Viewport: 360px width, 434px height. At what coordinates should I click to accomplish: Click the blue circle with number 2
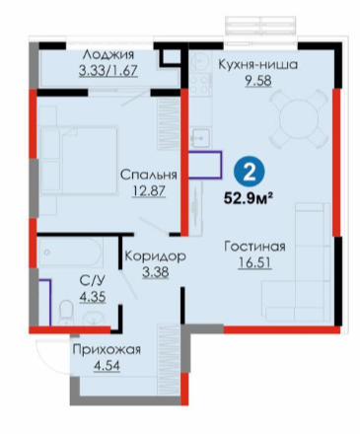(250, 172)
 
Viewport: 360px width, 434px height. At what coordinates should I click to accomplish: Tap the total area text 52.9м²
(249, 198)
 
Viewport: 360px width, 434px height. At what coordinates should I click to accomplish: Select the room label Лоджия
(108, 54)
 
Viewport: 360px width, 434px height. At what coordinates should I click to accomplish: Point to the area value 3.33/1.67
(108, 70)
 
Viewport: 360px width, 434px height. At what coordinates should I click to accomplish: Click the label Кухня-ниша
(258, 64)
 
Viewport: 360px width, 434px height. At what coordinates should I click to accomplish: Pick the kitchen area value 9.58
(258, 80)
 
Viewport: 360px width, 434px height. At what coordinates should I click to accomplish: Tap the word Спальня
(148, 175)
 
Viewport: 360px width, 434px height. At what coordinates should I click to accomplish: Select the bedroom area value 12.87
(148, 190)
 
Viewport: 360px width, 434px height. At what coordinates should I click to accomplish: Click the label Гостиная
(254, 247)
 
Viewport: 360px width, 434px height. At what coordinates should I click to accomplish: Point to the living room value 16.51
(255, 262)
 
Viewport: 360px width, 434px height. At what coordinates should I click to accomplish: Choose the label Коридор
(156, 256)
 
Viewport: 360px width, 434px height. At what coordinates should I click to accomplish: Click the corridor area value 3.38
(156, 272)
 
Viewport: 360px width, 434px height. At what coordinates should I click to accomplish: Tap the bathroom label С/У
(93, 281)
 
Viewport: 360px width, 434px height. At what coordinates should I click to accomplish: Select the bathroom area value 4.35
(93, 297)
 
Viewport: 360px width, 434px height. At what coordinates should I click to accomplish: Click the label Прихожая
(107, 349)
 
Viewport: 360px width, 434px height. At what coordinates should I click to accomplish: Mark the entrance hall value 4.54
(107, 365)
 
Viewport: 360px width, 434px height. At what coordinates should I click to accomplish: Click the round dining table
(299, 118)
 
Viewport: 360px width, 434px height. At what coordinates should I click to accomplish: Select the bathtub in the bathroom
(71, 253)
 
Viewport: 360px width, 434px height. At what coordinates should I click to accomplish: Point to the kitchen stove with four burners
(199, 84)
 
